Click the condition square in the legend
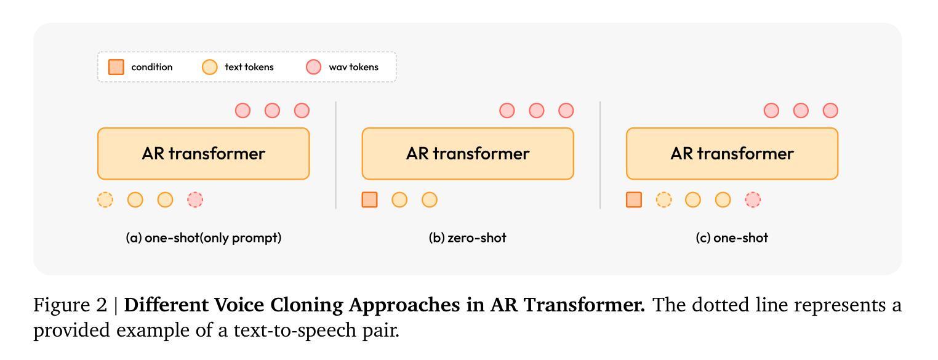click(x=116, y=67)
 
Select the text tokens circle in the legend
click(x=209, y=67)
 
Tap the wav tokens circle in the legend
click(x=313, y=67)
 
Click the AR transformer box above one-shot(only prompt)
click(x=204, y=154)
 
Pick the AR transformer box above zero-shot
click(x=468, y=154)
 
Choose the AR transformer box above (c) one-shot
click(x=732, y=154)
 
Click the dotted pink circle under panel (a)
click(x=195, y=199)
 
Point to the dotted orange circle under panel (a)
click(x=105, y=199)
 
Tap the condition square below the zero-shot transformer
click(x=370, y=199)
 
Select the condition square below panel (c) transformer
click(x=634, y=199)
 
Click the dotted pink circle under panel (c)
click(x=753, y=199)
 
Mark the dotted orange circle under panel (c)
click(x=663, y=199)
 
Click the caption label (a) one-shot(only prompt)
click(x=204, y=238)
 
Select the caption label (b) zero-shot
click(x=467, y=238)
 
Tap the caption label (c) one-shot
click(x=732, y=238)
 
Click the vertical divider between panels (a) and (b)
click(x=336, y=155)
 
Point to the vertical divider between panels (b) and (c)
click(x=600, y=155)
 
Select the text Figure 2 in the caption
click(x=70, y=305)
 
